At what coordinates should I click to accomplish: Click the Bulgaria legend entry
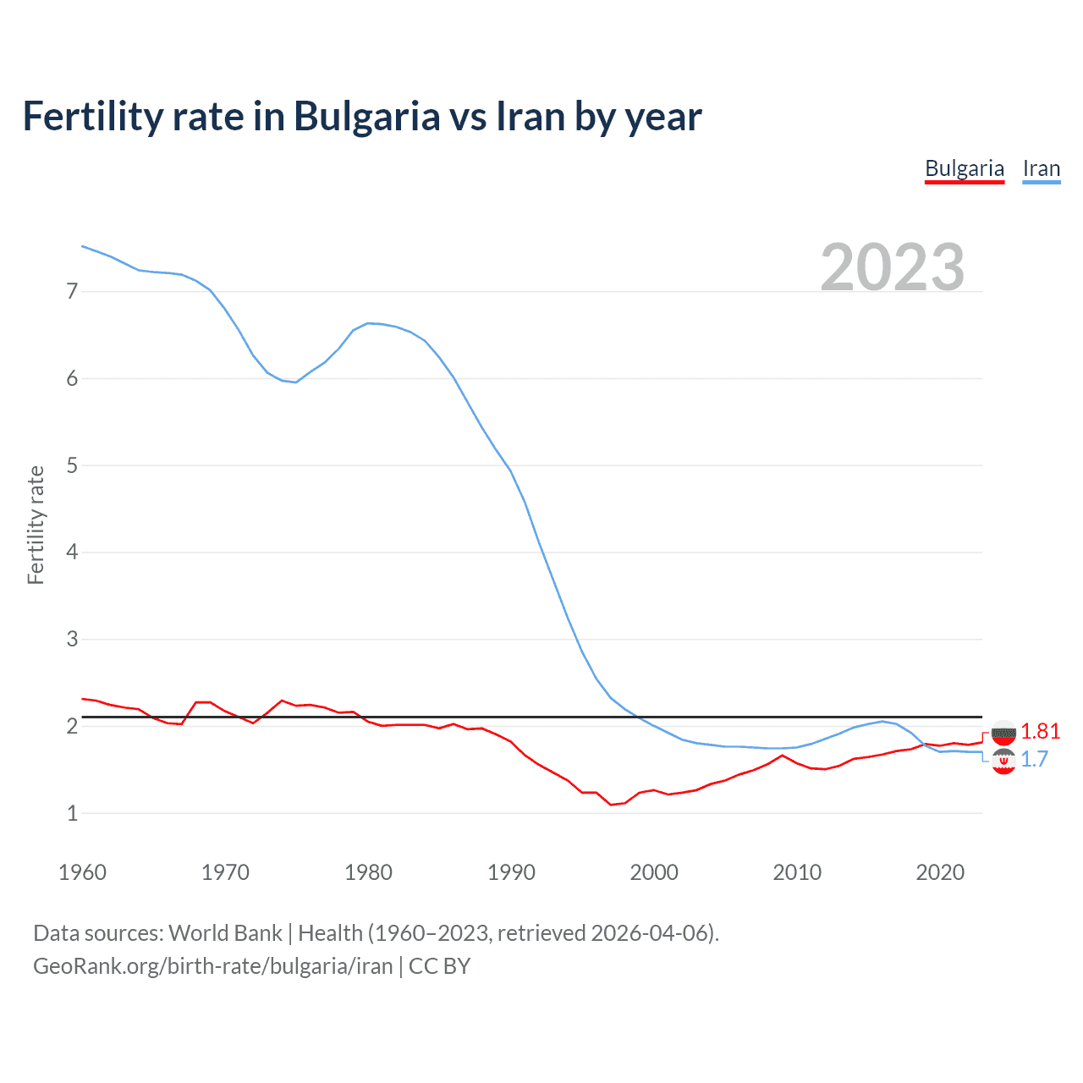[x=964, y=168]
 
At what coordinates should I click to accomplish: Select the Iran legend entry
[x=1041, y=168]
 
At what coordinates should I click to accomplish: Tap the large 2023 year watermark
[x=892, y=267]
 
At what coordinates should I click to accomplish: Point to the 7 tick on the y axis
[x=72, y=292]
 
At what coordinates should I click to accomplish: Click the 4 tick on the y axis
[x=72, y=552]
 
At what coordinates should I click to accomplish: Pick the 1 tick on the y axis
[x=72, y=813]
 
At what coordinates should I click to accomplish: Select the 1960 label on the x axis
[x=82, y=872]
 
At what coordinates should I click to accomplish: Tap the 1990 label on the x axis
[x=511, y=872]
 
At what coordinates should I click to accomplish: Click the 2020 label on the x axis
[x=940, y=872]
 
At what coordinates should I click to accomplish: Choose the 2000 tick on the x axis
[x=654, y=872]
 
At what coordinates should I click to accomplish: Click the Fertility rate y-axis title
[x=36, y=525]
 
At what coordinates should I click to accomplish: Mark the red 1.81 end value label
[x=1040, y=731]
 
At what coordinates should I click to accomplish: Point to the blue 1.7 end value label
[x=1034, y=759]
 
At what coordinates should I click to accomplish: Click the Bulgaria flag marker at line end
[x=1003, y=733]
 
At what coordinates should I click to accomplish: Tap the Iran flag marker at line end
[x=1003, y=761]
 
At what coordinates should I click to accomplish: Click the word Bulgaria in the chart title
[x=366, y=116]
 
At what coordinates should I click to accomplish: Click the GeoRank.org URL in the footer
[x=212, y=966]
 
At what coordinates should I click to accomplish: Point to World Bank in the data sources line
[x=225, y=933]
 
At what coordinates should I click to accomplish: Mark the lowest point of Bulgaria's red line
[x=611, y=805]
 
